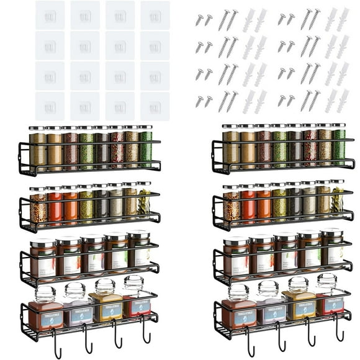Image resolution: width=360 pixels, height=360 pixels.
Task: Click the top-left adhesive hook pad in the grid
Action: click(50, 15)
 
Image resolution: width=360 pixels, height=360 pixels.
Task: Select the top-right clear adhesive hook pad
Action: click(155, 15)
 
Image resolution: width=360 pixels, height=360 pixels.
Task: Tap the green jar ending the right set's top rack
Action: click(338, 145)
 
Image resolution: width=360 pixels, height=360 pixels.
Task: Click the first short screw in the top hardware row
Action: click(199, 20)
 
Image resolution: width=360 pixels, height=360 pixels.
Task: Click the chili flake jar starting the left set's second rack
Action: click(38, 207)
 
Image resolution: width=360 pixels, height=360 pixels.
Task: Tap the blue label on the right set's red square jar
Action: click(333, 304)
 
